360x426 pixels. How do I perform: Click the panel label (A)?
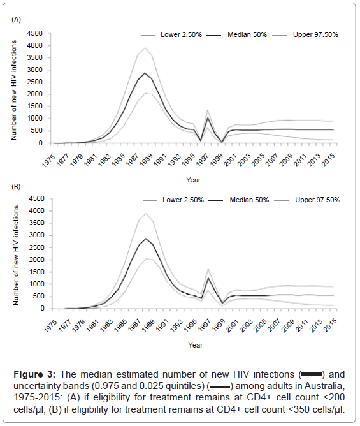pos(16,20)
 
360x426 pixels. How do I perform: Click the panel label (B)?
pos(16,187)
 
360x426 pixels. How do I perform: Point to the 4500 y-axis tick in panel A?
pos(35,33)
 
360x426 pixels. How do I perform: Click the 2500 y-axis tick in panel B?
pos(37,247)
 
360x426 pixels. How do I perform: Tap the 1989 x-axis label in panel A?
pos(147,159)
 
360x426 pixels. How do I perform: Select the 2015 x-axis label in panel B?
pos(331,325)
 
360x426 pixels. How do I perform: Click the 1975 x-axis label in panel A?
pos(49,160)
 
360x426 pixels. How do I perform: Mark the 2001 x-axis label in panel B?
pos(233,325)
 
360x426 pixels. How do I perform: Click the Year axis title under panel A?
pos(193,180)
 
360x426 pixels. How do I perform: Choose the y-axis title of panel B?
pos(16,255)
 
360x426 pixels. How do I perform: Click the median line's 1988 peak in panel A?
pos(145,73)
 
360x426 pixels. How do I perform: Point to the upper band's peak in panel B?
pos(146,213)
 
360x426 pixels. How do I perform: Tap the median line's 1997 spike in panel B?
pos(208,278)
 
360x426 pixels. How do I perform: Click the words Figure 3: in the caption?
pos(34,374)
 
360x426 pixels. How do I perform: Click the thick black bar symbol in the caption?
pos(312,374)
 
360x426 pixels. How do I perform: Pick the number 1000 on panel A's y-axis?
pos(35,119)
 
